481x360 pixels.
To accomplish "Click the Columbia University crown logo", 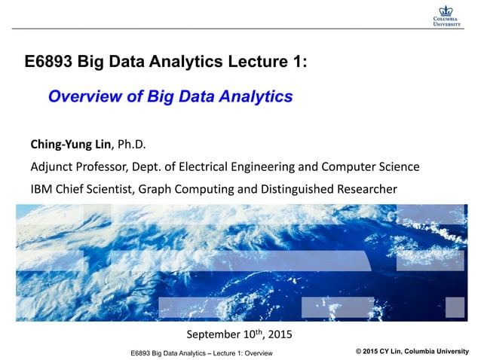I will click(x=447, y=10).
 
